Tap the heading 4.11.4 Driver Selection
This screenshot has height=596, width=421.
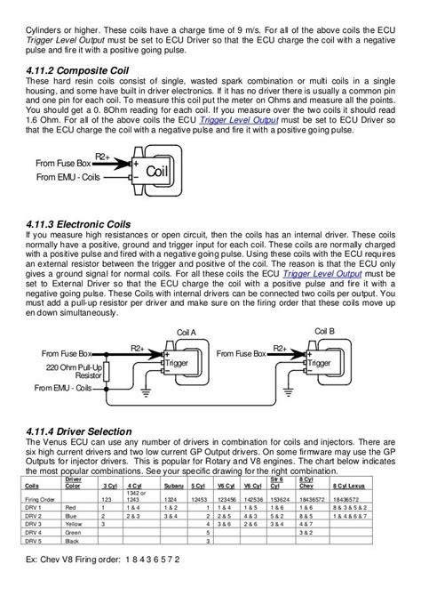(81, 431)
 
